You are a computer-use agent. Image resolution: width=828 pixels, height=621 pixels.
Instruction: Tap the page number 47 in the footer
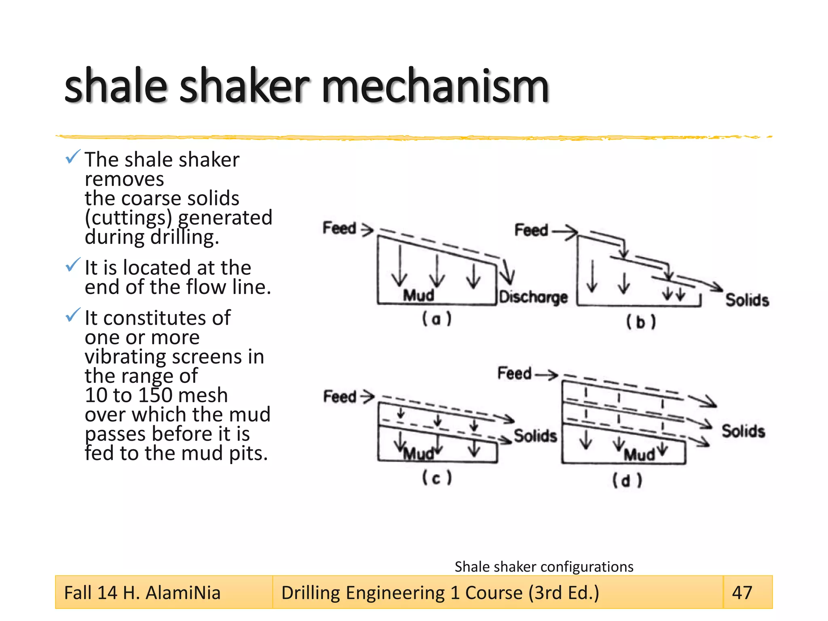coord(742,593)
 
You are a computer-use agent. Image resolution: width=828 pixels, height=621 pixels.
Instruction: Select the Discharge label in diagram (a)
coord(533,297)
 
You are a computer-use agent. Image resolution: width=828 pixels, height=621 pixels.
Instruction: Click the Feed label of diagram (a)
coord(339,228)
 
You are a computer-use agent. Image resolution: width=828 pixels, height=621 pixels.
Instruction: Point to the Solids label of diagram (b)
coord(747,300)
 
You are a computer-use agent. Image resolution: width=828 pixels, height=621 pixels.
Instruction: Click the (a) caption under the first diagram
coord(437,319)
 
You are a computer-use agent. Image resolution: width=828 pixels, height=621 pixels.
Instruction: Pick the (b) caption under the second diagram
coord(641,322)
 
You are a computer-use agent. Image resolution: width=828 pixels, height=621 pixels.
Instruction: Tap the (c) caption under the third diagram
coord(437,478)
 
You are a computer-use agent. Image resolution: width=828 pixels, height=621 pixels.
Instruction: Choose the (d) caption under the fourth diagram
coord(627,481)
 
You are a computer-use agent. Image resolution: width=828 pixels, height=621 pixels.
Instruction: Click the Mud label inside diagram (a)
coord(418,295)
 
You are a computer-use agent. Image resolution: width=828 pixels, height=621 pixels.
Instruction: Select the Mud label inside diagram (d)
coord(639,455)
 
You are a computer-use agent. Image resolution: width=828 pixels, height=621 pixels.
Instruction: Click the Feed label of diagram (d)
coord(514,373)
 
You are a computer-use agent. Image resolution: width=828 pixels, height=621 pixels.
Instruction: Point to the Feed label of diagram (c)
coord(340,397)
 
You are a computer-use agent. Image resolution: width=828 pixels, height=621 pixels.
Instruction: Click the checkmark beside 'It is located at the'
coord(73,265)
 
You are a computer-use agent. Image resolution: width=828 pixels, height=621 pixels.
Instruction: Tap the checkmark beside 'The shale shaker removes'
coord(73,157)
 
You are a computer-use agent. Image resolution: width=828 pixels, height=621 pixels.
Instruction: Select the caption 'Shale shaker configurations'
coord(544,566)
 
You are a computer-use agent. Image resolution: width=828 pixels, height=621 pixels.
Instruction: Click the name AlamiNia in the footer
coord(183,593)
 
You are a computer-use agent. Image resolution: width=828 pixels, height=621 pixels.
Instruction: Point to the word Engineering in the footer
coord(395,593)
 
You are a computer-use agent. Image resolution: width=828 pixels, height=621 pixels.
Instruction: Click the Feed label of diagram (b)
coord(531,230)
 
